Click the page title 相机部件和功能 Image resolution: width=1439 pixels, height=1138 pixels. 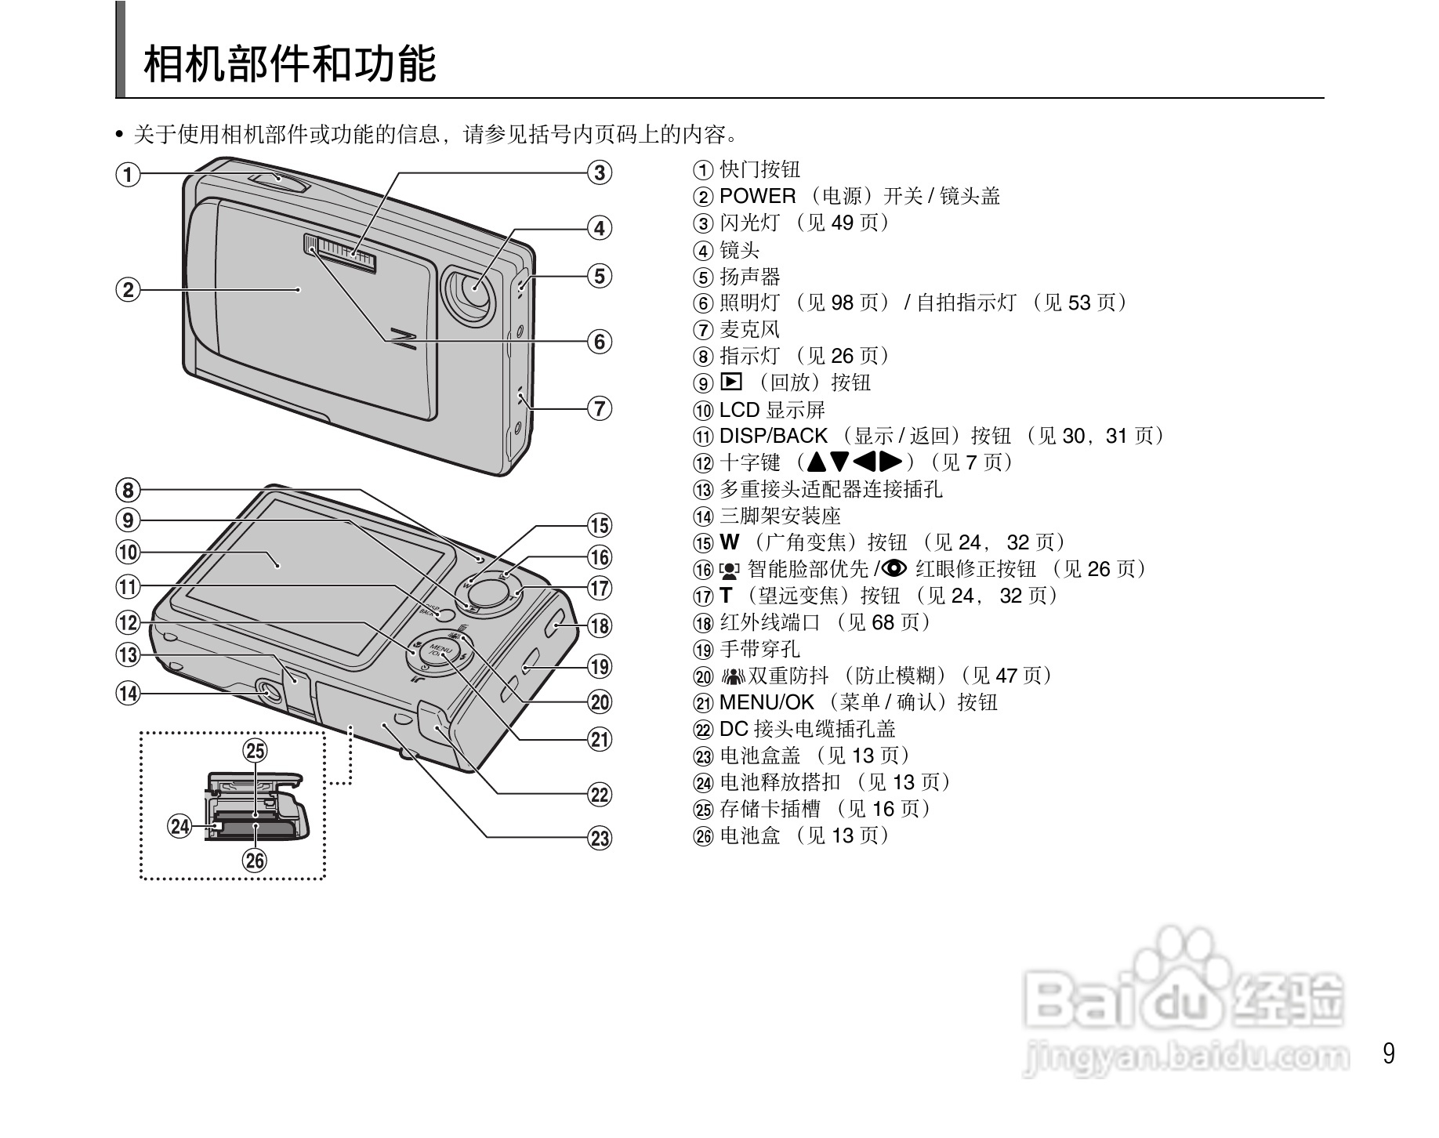pyautogui.click(x=289, y=64)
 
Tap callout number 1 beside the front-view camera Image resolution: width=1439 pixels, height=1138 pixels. pyautogui.click(x=129, y=174)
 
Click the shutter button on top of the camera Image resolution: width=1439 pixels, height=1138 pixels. pyautogui.click(x=280, y=181)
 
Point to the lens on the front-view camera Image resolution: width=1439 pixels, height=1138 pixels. pyautogui.click(x=473, y=289)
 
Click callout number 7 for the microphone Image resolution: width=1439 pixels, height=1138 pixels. pyautogui.click(x=600, y=408)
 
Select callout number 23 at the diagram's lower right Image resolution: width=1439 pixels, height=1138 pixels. pyautogui.click(x=600, y=839)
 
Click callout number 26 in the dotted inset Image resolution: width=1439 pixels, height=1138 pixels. pyautogui.click(x=256, y=861)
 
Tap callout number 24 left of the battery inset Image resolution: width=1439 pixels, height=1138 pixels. pyautogui.click(x=180, y=826)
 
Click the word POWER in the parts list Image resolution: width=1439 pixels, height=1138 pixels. pyautogui.click(x=757, y=196)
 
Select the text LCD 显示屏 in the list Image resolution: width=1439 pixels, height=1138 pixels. pyautogui.click(x=771, y=410)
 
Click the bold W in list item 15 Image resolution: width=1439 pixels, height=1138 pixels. pyautogui.click(x=729, y=542)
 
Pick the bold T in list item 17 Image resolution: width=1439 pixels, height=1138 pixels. pyautogui.click(x=726, y=596)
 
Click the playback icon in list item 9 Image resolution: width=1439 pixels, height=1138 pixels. pyautogui.click(x=730, y=382)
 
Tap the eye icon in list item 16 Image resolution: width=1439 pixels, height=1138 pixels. pyautogui.click(x=894, y=568)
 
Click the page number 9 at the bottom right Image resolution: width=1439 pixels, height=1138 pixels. pyautogui.click(x=1388, y=1053)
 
